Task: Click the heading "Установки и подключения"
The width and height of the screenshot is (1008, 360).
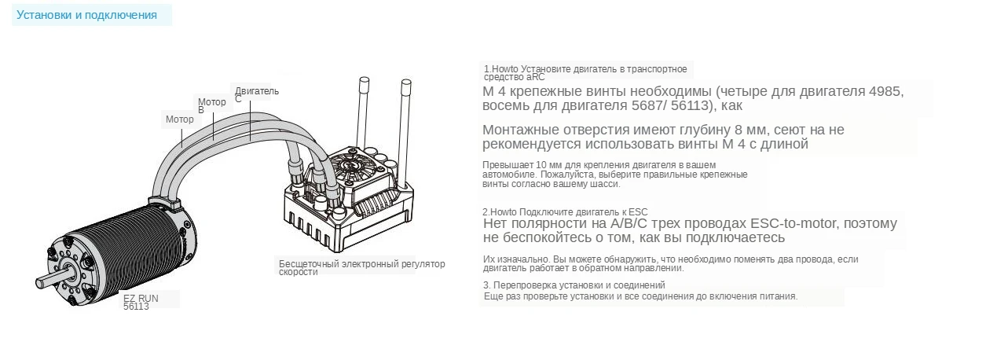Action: pyautogui.click(x=86, y=15)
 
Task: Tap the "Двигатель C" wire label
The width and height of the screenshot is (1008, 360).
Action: pyautogui.click(x=256, y=94)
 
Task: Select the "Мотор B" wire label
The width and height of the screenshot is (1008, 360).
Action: pyautogui.click(x=211, y=106)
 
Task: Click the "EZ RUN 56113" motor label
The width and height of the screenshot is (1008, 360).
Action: pyautogui.click(x=141, y=302)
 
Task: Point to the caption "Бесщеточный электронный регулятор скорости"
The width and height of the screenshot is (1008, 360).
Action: pyautogui.click(x=362, y=268)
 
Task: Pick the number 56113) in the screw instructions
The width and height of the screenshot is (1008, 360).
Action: pyautogui.click(x=694, y=106)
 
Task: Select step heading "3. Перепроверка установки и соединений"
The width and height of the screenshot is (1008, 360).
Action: pyautogui.click(x=574, y=285)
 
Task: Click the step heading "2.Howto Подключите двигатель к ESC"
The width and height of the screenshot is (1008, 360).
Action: pyautogui.click(x=565, y=212)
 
